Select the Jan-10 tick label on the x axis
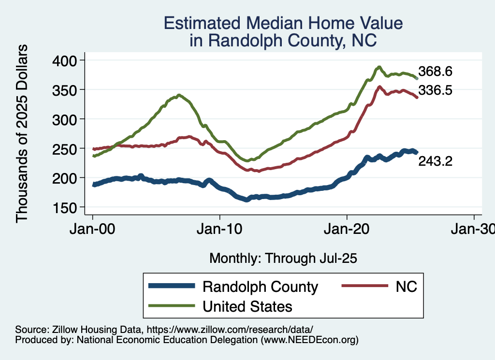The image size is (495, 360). [220, 229]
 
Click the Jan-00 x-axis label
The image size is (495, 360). [92, 229]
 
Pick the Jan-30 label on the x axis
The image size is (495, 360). [473, 229]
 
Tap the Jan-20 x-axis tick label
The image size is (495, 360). [347, 229]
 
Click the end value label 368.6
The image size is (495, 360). [435, 72]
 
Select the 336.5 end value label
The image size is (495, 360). [435, 89]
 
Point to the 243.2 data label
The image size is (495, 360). [435, 161]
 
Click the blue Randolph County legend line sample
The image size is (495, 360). [172, 286]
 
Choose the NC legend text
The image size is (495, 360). [406, 286]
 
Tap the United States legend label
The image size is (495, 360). [247, 306]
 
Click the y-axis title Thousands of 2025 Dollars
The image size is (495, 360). [22, 133]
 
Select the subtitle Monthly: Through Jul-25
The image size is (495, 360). [283, 259]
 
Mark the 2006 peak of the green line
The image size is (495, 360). [179, 95]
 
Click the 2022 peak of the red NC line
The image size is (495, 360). [379, 87]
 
